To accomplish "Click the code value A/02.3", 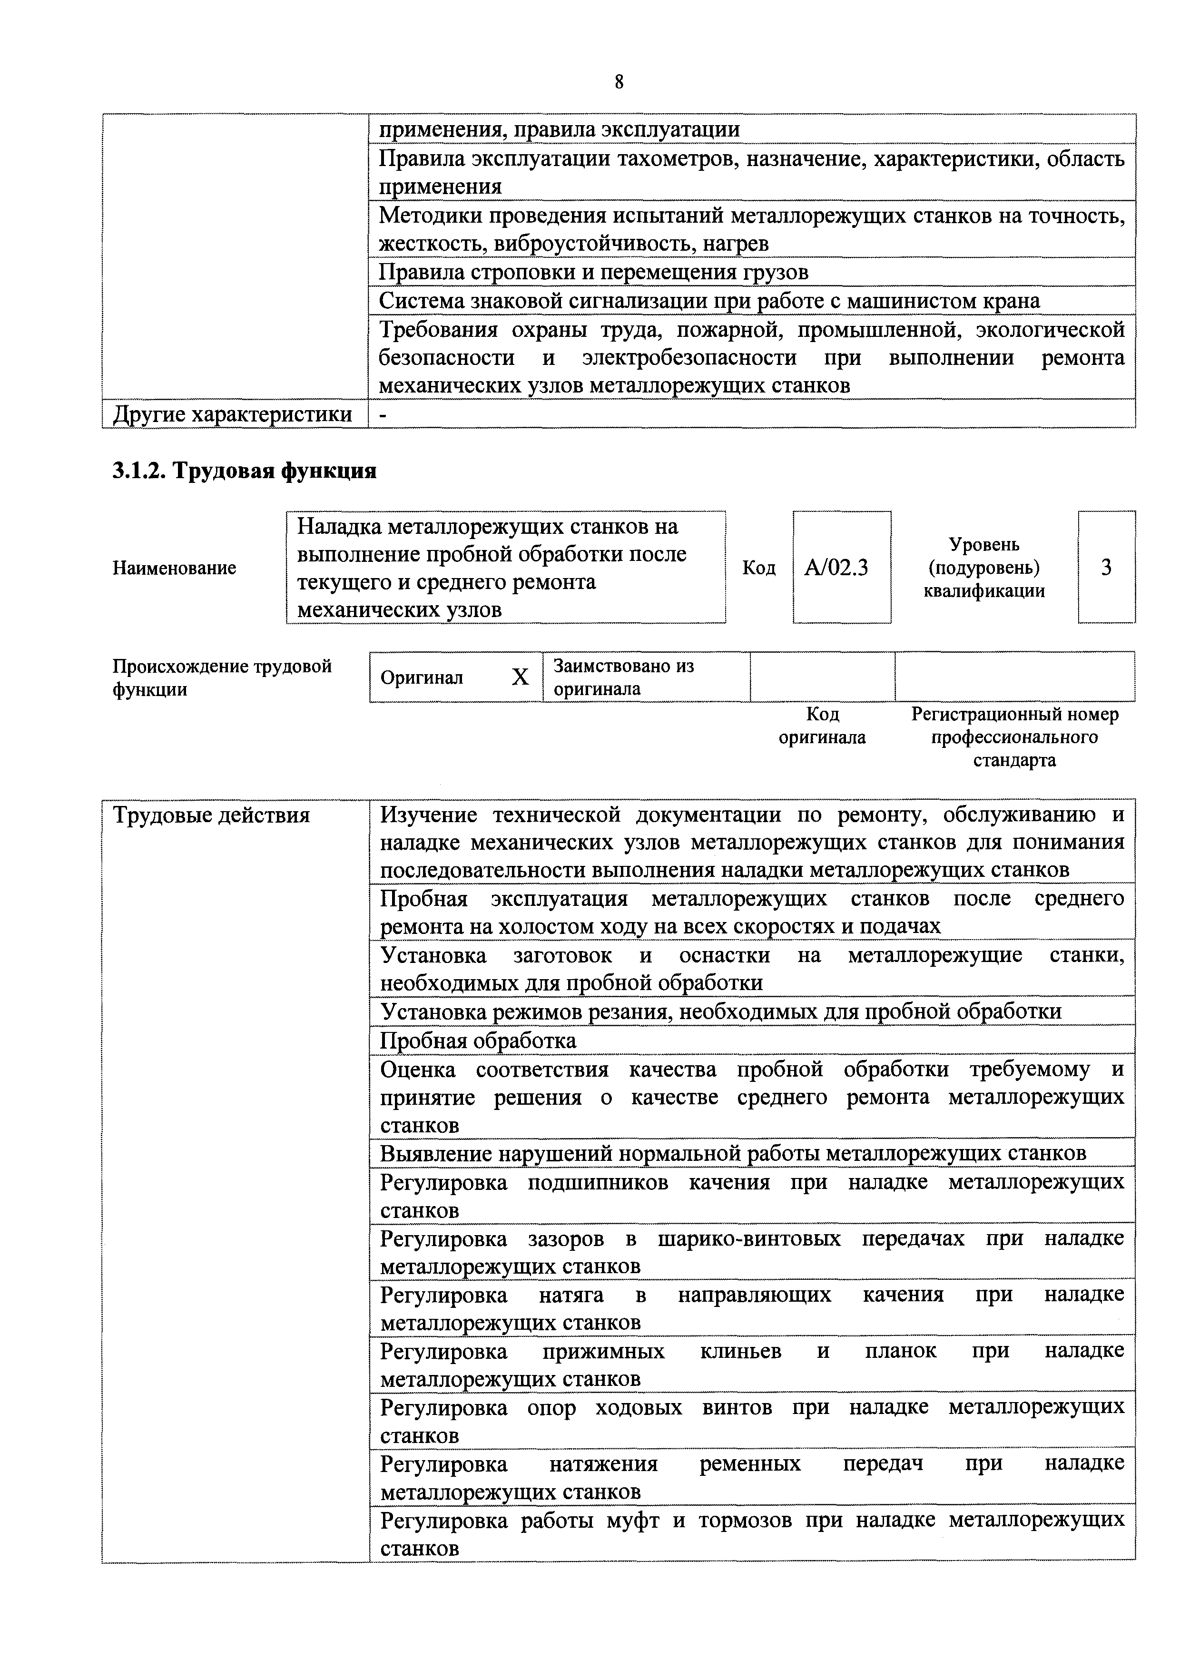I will pos(836,568).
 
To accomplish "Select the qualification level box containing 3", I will pos(1106,568).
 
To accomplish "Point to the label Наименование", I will pos(175,568).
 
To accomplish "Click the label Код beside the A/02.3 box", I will pos(758,568).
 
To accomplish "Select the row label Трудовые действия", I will pos(212,815).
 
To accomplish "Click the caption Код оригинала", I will pos(822,726).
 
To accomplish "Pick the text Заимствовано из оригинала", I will pos(624,677).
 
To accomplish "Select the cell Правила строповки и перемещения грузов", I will pos(593,272).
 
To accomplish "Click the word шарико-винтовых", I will pos(749,1238).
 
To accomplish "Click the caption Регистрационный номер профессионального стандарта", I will pos(1015,737).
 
